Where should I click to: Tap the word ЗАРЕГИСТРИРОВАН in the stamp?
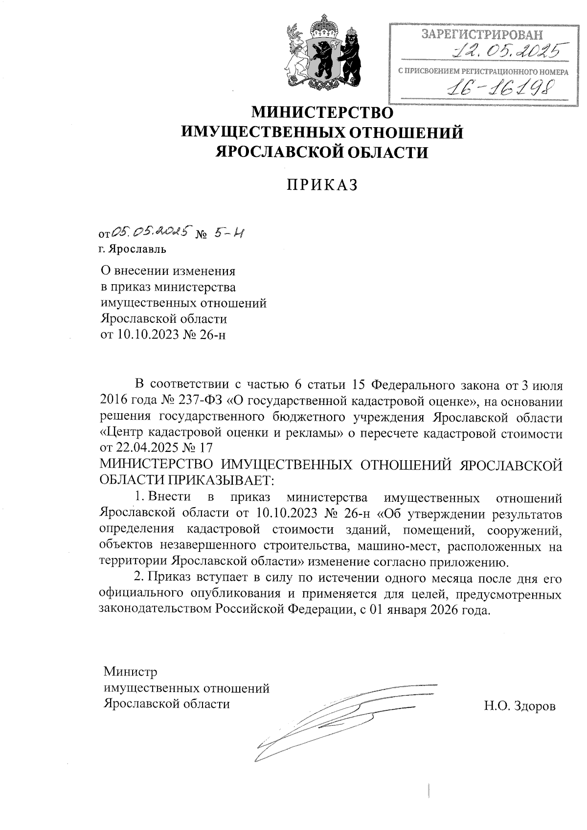coord(482,34)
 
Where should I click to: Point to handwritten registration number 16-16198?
coord(499,89)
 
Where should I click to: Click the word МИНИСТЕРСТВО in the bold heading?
coord(322,113)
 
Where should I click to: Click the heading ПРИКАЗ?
coord(322,184)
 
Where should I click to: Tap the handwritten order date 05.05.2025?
coord(150,232)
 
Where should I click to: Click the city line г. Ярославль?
coord(132,249)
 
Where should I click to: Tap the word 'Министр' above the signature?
coord(130,672)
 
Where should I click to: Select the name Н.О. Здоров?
coord(519,706)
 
